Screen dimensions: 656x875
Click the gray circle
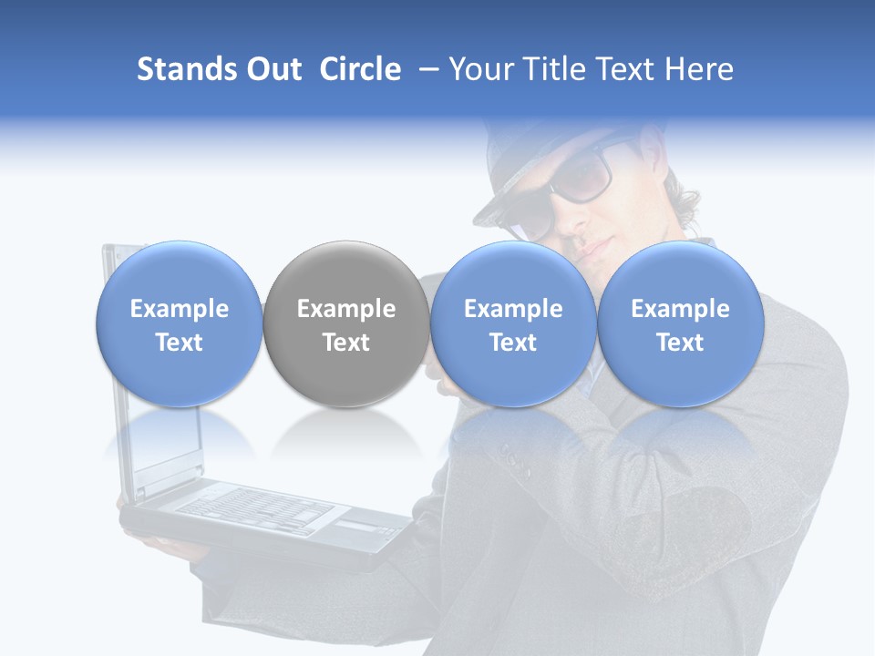pyautogui.click(x=346, y=324)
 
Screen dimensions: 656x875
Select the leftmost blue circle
pyautogui.click(x=179, y=324)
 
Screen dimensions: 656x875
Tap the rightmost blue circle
pyautogui.click(x=680, y=324)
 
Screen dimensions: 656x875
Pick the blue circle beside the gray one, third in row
pyautogui.click(x=513, y=324)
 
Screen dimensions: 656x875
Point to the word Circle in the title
pyautogui.click(x=360, y=69)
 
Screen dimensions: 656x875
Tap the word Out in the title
pyautogui.click(x=271, y=69)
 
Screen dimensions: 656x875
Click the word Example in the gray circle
pyautogui.click(x=346, y=309)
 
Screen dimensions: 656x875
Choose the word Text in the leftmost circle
pyautogui.click(x=179, y=343)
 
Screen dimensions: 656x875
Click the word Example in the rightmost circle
pyautogui.click(x=680, y=309)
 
